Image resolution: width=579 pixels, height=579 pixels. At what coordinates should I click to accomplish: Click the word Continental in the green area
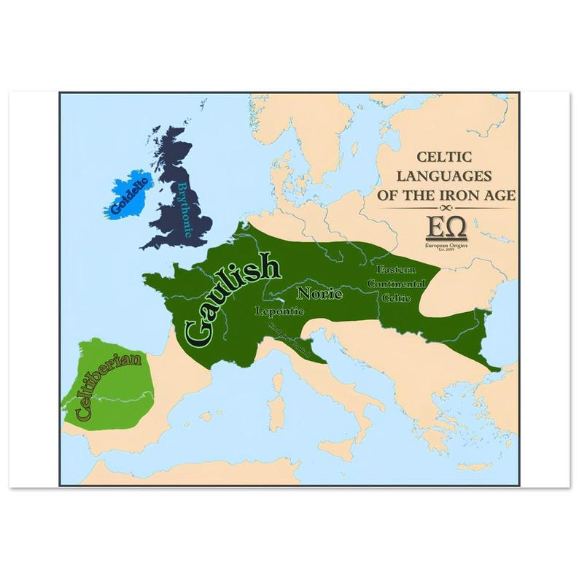[x=396, y=283]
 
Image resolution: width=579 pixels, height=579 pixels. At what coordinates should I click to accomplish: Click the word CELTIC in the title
[x=443, y=157]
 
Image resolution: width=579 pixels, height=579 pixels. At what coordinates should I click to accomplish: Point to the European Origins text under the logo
[x=446, y=246]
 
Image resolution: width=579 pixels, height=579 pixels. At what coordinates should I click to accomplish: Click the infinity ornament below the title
[x=446, y=209]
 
